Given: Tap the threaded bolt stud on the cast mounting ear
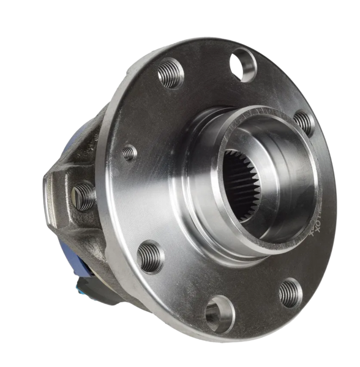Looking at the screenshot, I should point(83,196).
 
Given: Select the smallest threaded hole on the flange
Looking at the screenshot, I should point(129,152).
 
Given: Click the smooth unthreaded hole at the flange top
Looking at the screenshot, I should point(243,64).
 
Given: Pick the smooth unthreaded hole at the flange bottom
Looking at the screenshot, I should point(219,313).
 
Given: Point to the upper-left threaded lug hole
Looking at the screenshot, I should point(171,74).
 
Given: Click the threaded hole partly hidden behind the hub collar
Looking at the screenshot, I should point(304,122).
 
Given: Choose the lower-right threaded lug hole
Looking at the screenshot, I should point(290,292).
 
